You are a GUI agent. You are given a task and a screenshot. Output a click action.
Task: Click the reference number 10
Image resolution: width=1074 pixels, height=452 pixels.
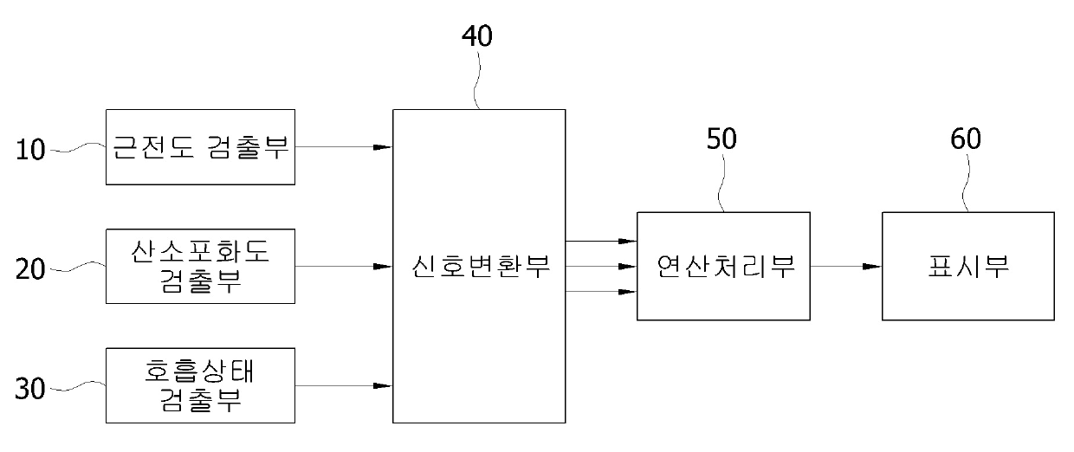(x=31, y=150)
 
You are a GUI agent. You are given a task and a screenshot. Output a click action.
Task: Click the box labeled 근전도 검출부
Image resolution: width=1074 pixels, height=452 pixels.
(x=200, y=147)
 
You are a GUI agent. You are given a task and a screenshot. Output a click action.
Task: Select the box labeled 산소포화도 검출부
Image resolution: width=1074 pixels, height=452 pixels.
(x=200, y=266)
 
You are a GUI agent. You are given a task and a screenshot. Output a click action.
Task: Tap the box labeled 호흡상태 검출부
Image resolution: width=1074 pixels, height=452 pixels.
(x=200, y=385)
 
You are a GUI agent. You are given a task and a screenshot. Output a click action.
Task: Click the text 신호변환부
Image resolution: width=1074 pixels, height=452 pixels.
(x=479, y=266)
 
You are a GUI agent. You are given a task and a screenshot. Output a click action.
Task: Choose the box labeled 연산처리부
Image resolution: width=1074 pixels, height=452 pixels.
(x=724, y=266)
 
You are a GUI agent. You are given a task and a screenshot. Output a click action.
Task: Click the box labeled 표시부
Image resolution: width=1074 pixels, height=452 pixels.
(x=968, y=266)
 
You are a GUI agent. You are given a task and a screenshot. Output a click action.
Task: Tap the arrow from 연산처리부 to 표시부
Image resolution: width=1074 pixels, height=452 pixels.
(x=846, y=266)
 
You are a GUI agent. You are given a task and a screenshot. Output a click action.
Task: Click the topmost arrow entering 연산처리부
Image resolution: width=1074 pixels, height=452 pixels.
(x=601, y=241)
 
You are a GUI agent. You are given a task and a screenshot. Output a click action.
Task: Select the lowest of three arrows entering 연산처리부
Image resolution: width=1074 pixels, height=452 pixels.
(x=601, y=292)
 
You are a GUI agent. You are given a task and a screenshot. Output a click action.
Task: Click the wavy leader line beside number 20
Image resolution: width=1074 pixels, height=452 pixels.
(x=81, y=267)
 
